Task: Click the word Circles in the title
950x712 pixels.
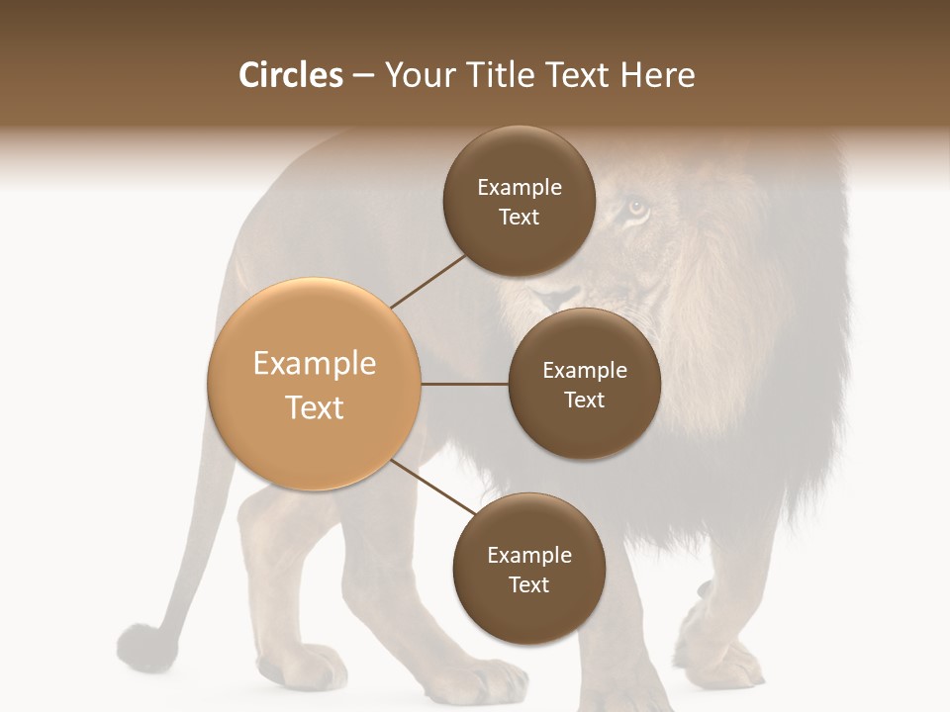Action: click(x=290, y=75)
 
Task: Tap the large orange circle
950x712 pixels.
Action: click(x=314, y=384)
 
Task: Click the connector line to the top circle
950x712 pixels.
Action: click(x=429, y=280)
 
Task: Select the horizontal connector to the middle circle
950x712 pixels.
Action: click(x=465, y=384)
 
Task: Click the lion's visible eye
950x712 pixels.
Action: click(x=636, y=209)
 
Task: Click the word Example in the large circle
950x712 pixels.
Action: click(x=314, y=364)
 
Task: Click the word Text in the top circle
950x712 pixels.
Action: click(x=519, y=218)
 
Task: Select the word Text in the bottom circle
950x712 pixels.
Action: click(x=528, y=585)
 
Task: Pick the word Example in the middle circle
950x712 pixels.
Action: click(x=584, y=371)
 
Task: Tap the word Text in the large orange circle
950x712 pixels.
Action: click(x=314, y=407)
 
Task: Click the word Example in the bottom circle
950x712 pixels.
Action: click(x=528, y=556)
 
